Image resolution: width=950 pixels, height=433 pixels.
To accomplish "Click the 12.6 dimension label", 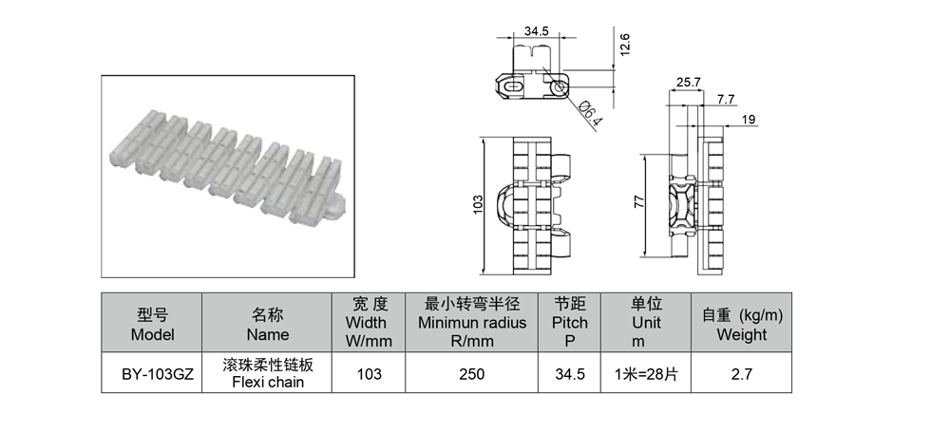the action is point(625,45).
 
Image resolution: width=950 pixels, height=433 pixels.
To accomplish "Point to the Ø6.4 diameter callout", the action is point(590,113).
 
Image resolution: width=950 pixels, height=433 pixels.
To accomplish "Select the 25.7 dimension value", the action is point(688,83).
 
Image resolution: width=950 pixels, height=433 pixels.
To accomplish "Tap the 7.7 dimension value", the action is point(725,99).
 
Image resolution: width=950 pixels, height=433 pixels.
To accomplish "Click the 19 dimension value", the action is point(749,120).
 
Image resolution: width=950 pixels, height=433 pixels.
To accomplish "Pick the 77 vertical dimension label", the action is point(639,201).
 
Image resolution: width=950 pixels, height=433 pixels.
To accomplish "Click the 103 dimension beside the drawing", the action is point(478,204).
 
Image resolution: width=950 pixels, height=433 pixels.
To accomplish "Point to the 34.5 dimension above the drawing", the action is point(536,31).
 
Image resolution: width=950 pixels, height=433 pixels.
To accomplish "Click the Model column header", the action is point(152,324).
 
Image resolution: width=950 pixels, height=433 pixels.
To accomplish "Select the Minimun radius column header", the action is point(472,322).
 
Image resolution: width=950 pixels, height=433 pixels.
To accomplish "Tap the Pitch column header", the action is point(569,322).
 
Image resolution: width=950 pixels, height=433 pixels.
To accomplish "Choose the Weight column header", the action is point(742,324).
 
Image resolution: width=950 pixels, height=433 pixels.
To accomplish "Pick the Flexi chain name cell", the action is point(268,373).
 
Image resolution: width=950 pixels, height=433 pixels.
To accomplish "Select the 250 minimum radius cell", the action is point(471,374).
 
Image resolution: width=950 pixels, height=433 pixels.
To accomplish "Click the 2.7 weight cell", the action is point(742,374).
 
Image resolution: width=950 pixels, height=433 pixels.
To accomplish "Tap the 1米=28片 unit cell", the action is point(646,374).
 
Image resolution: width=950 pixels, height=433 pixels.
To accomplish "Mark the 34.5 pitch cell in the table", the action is point(569,374).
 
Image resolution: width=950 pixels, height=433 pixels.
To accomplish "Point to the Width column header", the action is point(369,322).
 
